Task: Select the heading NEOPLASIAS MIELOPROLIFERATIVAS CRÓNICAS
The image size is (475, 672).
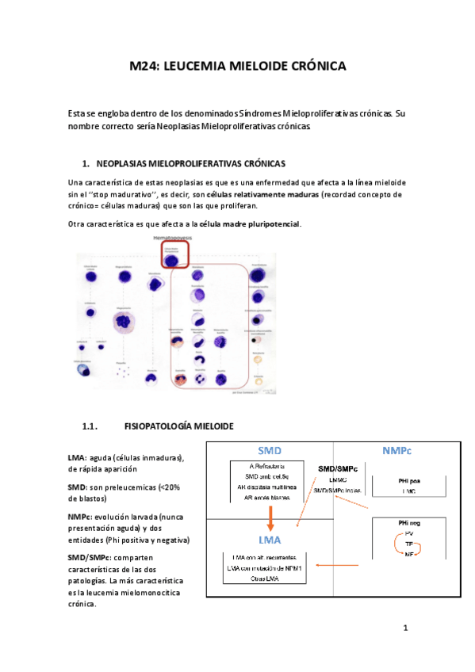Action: (x=191, y=164)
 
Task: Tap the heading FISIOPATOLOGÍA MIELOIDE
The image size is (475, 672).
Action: (x=179, y=426)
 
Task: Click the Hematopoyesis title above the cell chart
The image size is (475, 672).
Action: (x=174, y=238)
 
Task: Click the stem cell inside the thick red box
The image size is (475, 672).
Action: (x=173, y=256)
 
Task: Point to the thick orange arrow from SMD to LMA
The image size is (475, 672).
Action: (x=272, y=515)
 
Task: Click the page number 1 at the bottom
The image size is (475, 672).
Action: (x=404, y=629)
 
